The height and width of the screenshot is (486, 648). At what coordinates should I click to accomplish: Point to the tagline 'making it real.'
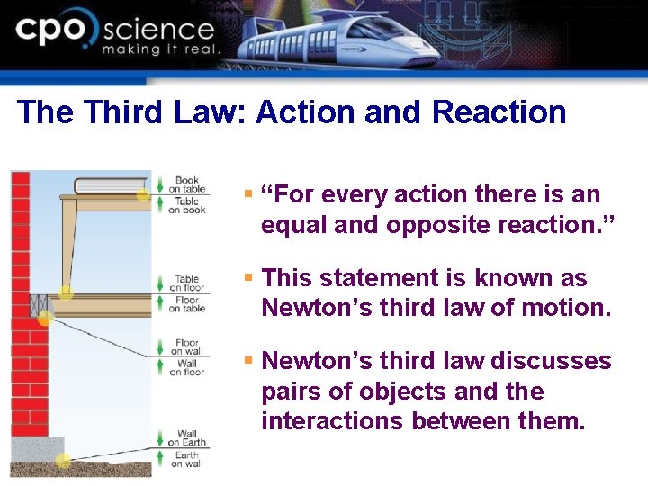pos(160,49)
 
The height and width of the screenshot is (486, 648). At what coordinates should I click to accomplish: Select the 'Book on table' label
pos(187,184)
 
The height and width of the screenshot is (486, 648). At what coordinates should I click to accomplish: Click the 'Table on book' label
pos(187,206)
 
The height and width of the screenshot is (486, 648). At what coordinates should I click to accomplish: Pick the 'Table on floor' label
pos(187,283)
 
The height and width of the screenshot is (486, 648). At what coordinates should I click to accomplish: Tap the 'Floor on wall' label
pos(187,346)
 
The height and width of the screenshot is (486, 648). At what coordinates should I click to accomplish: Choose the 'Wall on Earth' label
pos(187,437)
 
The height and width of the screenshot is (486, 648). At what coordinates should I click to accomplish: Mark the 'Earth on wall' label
pos(187,459)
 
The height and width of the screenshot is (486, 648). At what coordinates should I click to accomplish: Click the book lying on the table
pos(109,186)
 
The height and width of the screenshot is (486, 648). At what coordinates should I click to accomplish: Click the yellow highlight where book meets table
pos(142,193)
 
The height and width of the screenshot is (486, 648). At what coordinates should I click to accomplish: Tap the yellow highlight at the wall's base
pos(63,461)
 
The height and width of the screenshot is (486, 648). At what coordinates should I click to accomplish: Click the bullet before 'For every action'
pos(249,193)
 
